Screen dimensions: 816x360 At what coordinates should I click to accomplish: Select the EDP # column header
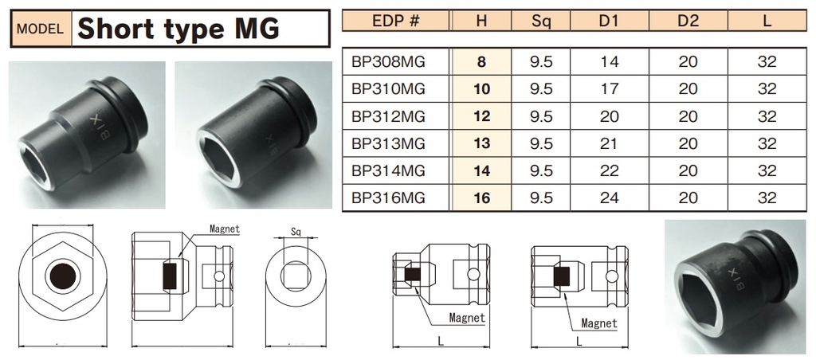tap(396, 21)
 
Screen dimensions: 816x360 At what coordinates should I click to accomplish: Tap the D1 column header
tap(609, 21)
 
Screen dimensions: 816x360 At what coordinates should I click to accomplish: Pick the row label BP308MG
tap(388, 62)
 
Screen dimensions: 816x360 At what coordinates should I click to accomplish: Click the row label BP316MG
tap(388, 198)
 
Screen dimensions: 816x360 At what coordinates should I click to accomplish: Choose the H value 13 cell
tap(482, 143)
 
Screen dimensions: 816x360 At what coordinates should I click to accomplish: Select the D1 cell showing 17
tap(609, 89)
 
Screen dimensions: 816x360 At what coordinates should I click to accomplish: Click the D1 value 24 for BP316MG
tap(609, 198)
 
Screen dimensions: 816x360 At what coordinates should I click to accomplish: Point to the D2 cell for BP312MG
tap(688, 116)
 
